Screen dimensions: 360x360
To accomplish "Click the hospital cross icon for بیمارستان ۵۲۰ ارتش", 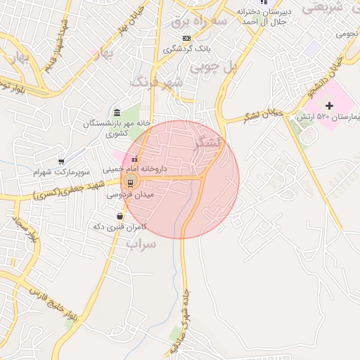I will click(x=329, y=105).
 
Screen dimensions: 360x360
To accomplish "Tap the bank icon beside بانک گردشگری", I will click(x=186, y=38).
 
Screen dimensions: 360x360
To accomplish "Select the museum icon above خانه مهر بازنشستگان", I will click(x=117, y=113).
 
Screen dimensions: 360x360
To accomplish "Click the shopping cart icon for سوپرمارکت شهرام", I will click(x=61, y=162).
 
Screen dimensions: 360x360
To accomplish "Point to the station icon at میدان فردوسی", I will click(x=130, y=184).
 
